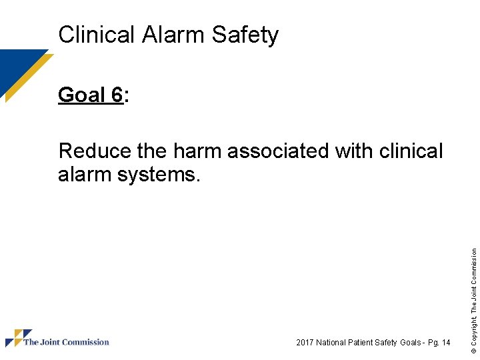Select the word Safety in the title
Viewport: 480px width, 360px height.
(245, 35)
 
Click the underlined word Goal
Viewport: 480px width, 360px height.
(80, 95)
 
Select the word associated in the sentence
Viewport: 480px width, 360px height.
(279, 151)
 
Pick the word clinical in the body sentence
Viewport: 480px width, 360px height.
(411, 151)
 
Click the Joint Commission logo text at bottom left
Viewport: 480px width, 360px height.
(66, 343)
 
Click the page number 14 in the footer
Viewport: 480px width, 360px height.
(445, 343)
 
